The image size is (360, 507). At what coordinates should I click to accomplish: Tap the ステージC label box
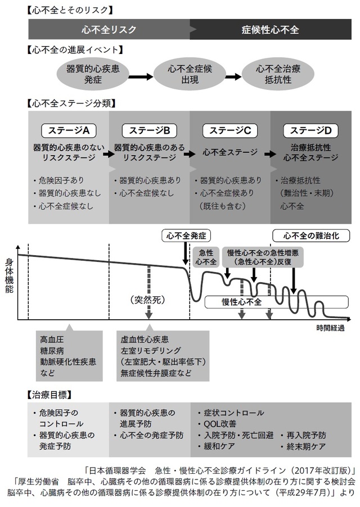pos(230,131)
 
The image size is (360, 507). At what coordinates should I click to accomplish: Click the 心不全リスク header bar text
pos(109,29)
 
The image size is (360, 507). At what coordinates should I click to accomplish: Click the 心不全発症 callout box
pos(186,235)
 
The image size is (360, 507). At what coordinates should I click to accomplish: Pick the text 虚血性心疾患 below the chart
pos(145,341)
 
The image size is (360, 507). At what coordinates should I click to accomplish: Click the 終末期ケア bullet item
pos(307,446)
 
